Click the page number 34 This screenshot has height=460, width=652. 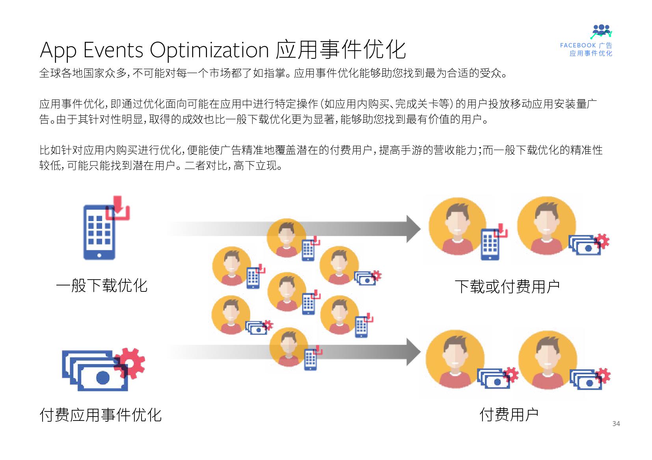[616, 424]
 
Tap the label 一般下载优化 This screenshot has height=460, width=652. [102, 285]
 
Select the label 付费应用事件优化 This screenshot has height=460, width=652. [101, 415]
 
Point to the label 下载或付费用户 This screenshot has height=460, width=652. [507, 287]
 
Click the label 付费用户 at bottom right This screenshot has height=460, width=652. [509, 415]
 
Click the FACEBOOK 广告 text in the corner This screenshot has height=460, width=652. [586, 45]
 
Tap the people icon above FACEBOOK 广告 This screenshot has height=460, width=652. [602, 31]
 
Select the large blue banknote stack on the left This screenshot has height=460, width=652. [95, 371]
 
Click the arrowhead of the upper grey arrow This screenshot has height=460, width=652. [414, 229]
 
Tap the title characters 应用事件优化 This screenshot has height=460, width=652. [341, 50]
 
